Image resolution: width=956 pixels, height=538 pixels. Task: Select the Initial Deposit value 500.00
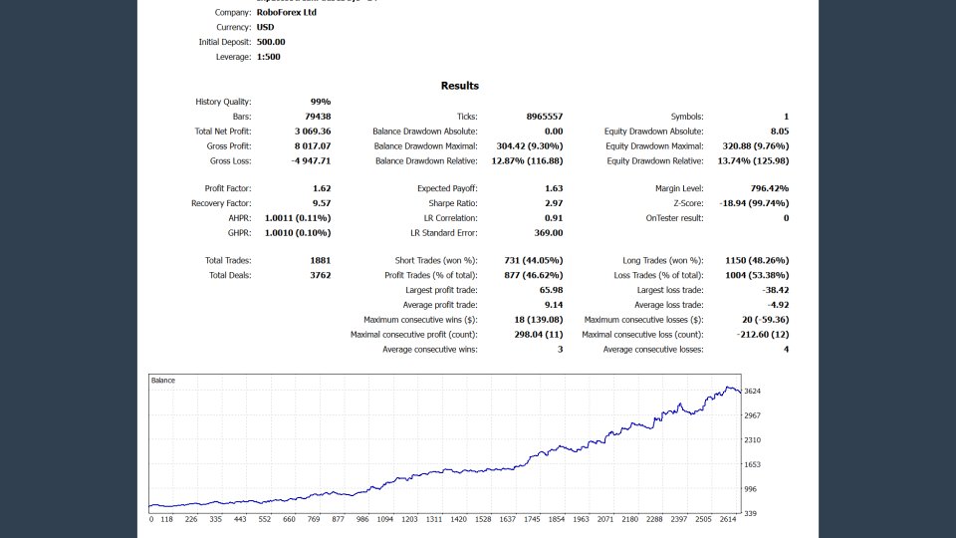click(271, 42)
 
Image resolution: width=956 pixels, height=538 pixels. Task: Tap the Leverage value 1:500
click(268, 57)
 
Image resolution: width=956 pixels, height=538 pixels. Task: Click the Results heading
click(460, 86)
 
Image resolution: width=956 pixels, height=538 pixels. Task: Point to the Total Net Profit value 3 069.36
click(312, 132)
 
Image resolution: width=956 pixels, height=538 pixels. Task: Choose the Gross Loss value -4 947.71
click(311, 160)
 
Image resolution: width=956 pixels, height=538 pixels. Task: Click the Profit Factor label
click(227, 188)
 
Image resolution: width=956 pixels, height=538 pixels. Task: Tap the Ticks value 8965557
click(545, 117)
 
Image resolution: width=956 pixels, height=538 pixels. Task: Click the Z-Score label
click(683, 203)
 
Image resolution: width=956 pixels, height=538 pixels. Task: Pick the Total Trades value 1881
click(320, 260)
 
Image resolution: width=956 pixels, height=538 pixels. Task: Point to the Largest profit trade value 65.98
click(551, 290)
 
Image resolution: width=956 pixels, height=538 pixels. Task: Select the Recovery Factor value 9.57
click(322, 203)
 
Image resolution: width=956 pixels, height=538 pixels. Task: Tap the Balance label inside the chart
click(163, 381)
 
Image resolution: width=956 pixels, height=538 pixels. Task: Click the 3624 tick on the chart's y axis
click(753, 392)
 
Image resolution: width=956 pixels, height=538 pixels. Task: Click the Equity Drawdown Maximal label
click(653, 145)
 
